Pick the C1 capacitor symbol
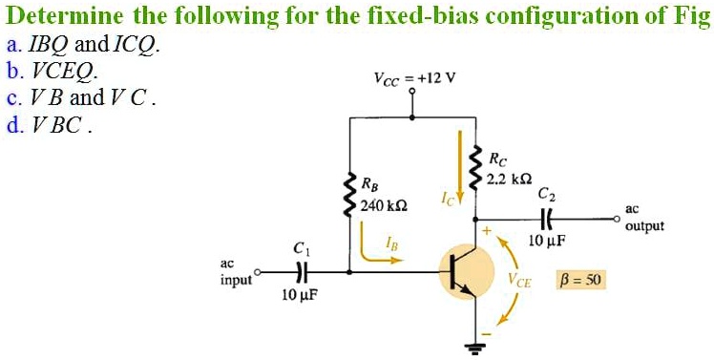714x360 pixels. tap(302, 271)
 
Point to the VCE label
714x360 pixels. tap(520, 282)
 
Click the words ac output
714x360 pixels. tap(645, 220)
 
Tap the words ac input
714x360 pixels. tap(234, 271)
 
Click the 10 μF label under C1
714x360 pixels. tap(300, 296)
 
